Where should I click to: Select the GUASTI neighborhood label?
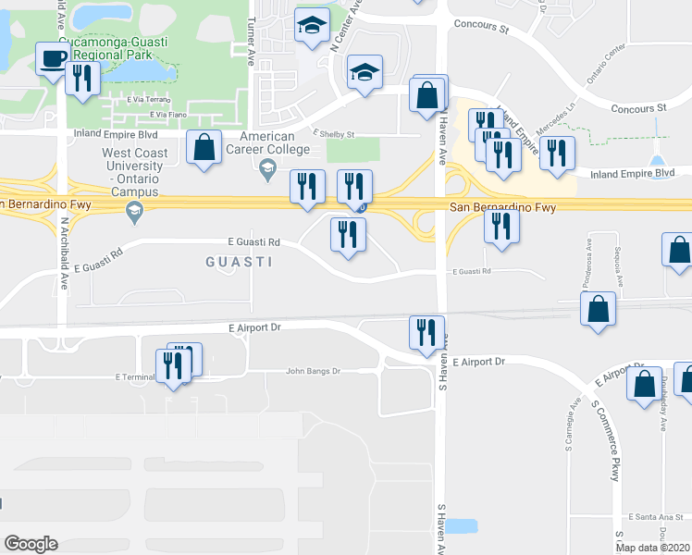point(238,262)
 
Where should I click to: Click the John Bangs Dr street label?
point(314,371)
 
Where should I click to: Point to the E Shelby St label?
point(333,133)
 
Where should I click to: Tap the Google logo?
point(31,544)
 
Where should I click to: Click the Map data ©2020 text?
point(653,548)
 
